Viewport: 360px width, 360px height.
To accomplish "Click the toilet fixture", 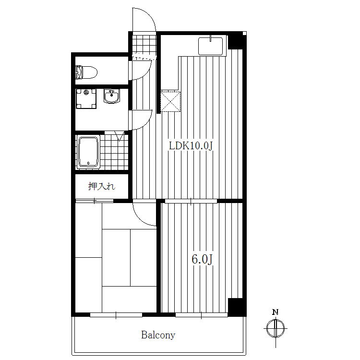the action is tap(86, 72).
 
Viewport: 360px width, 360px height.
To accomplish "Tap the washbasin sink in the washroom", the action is tap(111, 96).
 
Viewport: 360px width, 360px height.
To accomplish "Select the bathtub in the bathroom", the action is tap(88, 152).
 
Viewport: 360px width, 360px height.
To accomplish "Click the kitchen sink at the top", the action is tap(211, 46).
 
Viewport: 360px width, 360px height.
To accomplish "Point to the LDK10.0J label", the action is tap(191, 146).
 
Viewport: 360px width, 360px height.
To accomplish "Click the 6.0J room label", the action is tap(202, 259).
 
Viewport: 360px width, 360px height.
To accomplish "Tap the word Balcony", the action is tap(158, 335).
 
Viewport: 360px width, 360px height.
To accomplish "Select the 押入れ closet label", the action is tap(102, 186).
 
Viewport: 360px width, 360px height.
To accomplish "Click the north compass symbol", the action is tap(276, 328).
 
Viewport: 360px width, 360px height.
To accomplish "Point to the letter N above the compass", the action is tap(276, 312).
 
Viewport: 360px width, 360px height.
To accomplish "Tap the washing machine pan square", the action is tap(86, 99).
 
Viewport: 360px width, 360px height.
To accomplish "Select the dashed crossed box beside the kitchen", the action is tap(170, 101).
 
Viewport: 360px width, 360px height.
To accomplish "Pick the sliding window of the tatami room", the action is tap(116, 315).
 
